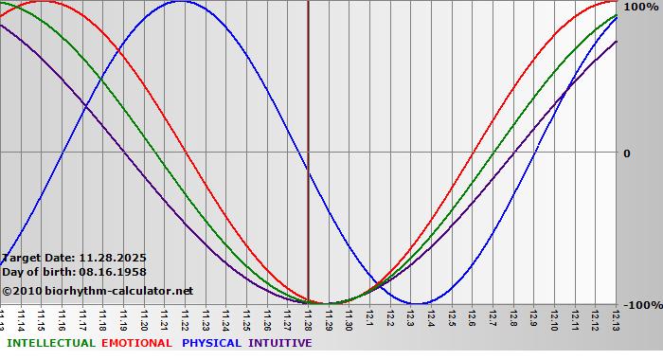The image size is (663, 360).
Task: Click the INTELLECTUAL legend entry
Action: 51,343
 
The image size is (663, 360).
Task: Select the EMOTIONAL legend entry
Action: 136,343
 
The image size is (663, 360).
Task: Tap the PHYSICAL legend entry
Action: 212,343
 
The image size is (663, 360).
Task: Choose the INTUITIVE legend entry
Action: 280,343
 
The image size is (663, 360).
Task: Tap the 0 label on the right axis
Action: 626,153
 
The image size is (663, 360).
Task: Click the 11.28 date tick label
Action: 308,319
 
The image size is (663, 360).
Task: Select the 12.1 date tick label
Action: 369,319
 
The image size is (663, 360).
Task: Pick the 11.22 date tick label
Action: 185,319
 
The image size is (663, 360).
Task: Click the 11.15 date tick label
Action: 41,319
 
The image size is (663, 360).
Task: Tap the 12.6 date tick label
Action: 472,319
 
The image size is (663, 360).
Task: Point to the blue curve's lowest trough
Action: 417,303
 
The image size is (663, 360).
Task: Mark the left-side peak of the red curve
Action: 42,2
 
